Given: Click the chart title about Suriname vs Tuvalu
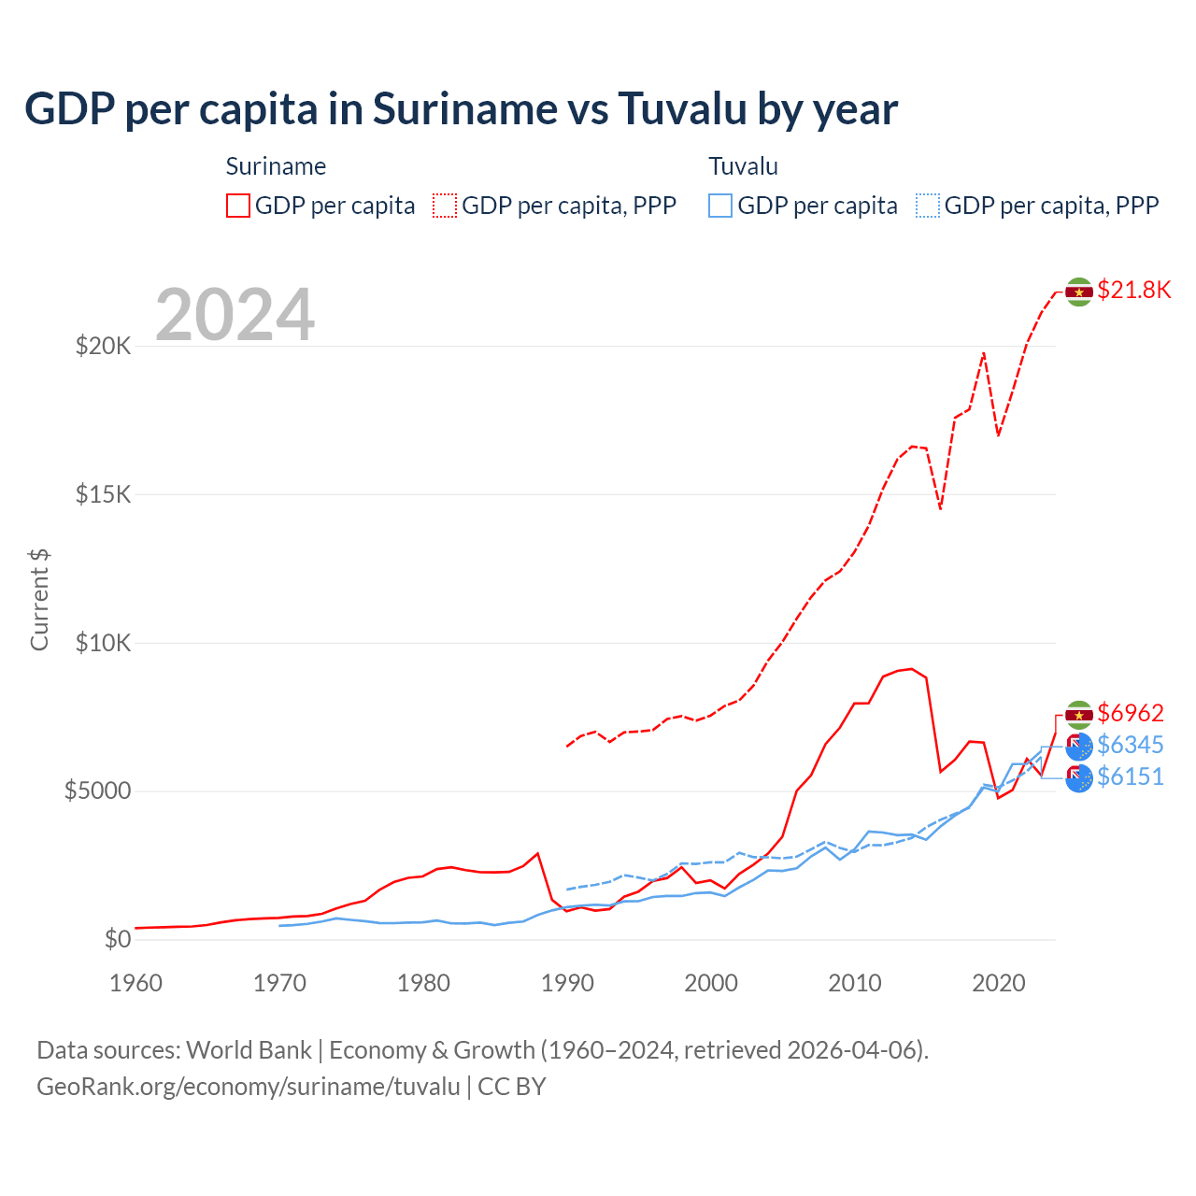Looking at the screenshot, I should coord(461,109).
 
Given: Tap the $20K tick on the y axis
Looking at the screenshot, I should coord(104,347).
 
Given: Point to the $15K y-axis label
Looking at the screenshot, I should coord(104,495).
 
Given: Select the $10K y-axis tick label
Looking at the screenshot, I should coord(104,644).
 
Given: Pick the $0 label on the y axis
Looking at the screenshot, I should coord(117,940).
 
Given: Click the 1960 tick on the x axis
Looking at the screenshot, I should coord(136,983).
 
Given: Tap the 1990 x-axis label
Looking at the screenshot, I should coord(567,983).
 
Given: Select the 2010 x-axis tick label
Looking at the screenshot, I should coord(855,983).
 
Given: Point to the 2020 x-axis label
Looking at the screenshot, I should coord(999,983).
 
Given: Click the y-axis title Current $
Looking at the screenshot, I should coord(39,600).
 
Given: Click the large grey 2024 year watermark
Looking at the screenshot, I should coord(235,315).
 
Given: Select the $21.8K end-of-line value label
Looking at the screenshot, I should coord(1133,291).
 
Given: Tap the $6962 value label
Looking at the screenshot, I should coord(1131,714).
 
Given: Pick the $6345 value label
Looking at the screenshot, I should coord(1131,746).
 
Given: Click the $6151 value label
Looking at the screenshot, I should coord(1131,777).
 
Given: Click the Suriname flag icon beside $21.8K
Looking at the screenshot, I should coord(1079,292).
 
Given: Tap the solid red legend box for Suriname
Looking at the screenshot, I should coord(238,206).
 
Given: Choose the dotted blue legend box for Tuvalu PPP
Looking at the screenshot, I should coord(928,206).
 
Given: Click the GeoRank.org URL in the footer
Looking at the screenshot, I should coord(249,1087).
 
